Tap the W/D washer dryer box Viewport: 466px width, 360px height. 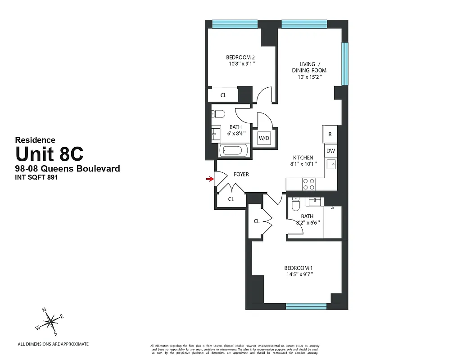pos(264,138)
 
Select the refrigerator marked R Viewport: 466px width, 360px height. pos(330,134)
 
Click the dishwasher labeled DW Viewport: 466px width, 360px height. pos(330,151)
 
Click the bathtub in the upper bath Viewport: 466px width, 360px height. pos(234,151)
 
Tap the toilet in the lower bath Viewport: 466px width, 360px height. pos(296,205)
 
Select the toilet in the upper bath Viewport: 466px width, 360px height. pos(217,113)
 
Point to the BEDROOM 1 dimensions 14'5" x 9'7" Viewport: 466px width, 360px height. pos(298,274)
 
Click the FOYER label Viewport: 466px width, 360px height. pos(241,174)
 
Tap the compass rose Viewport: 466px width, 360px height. pos(51,321)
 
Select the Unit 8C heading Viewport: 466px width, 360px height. pos(50,154)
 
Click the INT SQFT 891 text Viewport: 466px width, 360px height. pos(37,177)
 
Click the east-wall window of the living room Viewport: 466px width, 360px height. pos(345,63)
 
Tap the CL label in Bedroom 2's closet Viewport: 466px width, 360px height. pos(223,95)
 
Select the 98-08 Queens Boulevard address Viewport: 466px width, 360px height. pos(68,169)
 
